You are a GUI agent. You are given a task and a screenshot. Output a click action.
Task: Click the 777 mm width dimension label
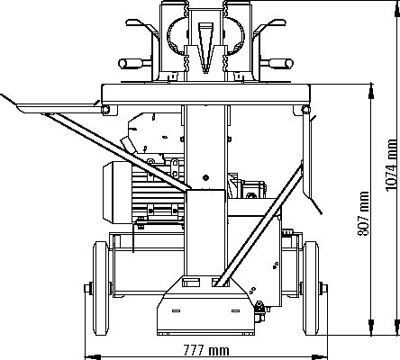[x=206, y=350]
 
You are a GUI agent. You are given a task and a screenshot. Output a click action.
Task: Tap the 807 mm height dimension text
[x=363, y=213]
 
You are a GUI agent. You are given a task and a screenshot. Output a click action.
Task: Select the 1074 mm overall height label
[x=391, y=165]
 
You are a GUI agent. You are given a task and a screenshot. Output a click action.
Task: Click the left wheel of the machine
[x=100, y=288]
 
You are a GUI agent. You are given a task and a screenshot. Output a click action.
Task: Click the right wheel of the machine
[x=311, y=288]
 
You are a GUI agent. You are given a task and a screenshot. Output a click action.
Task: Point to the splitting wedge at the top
[x=205, y=48]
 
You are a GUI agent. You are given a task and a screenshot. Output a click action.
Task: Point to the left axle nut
[x=86, y=288]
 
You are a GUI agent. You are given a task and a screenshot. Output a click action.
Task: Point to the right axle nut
[x=324, y=288]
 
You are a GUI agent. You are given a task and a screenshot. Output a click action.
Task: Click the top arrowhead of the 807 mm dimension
[x=371, y=91]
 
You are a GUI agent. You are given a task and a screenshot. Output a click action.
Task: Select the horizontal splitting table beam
[x=205, y=94]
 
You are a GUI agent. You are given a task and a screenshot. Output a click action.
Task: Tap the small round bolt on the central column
[x=205, y=177]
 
